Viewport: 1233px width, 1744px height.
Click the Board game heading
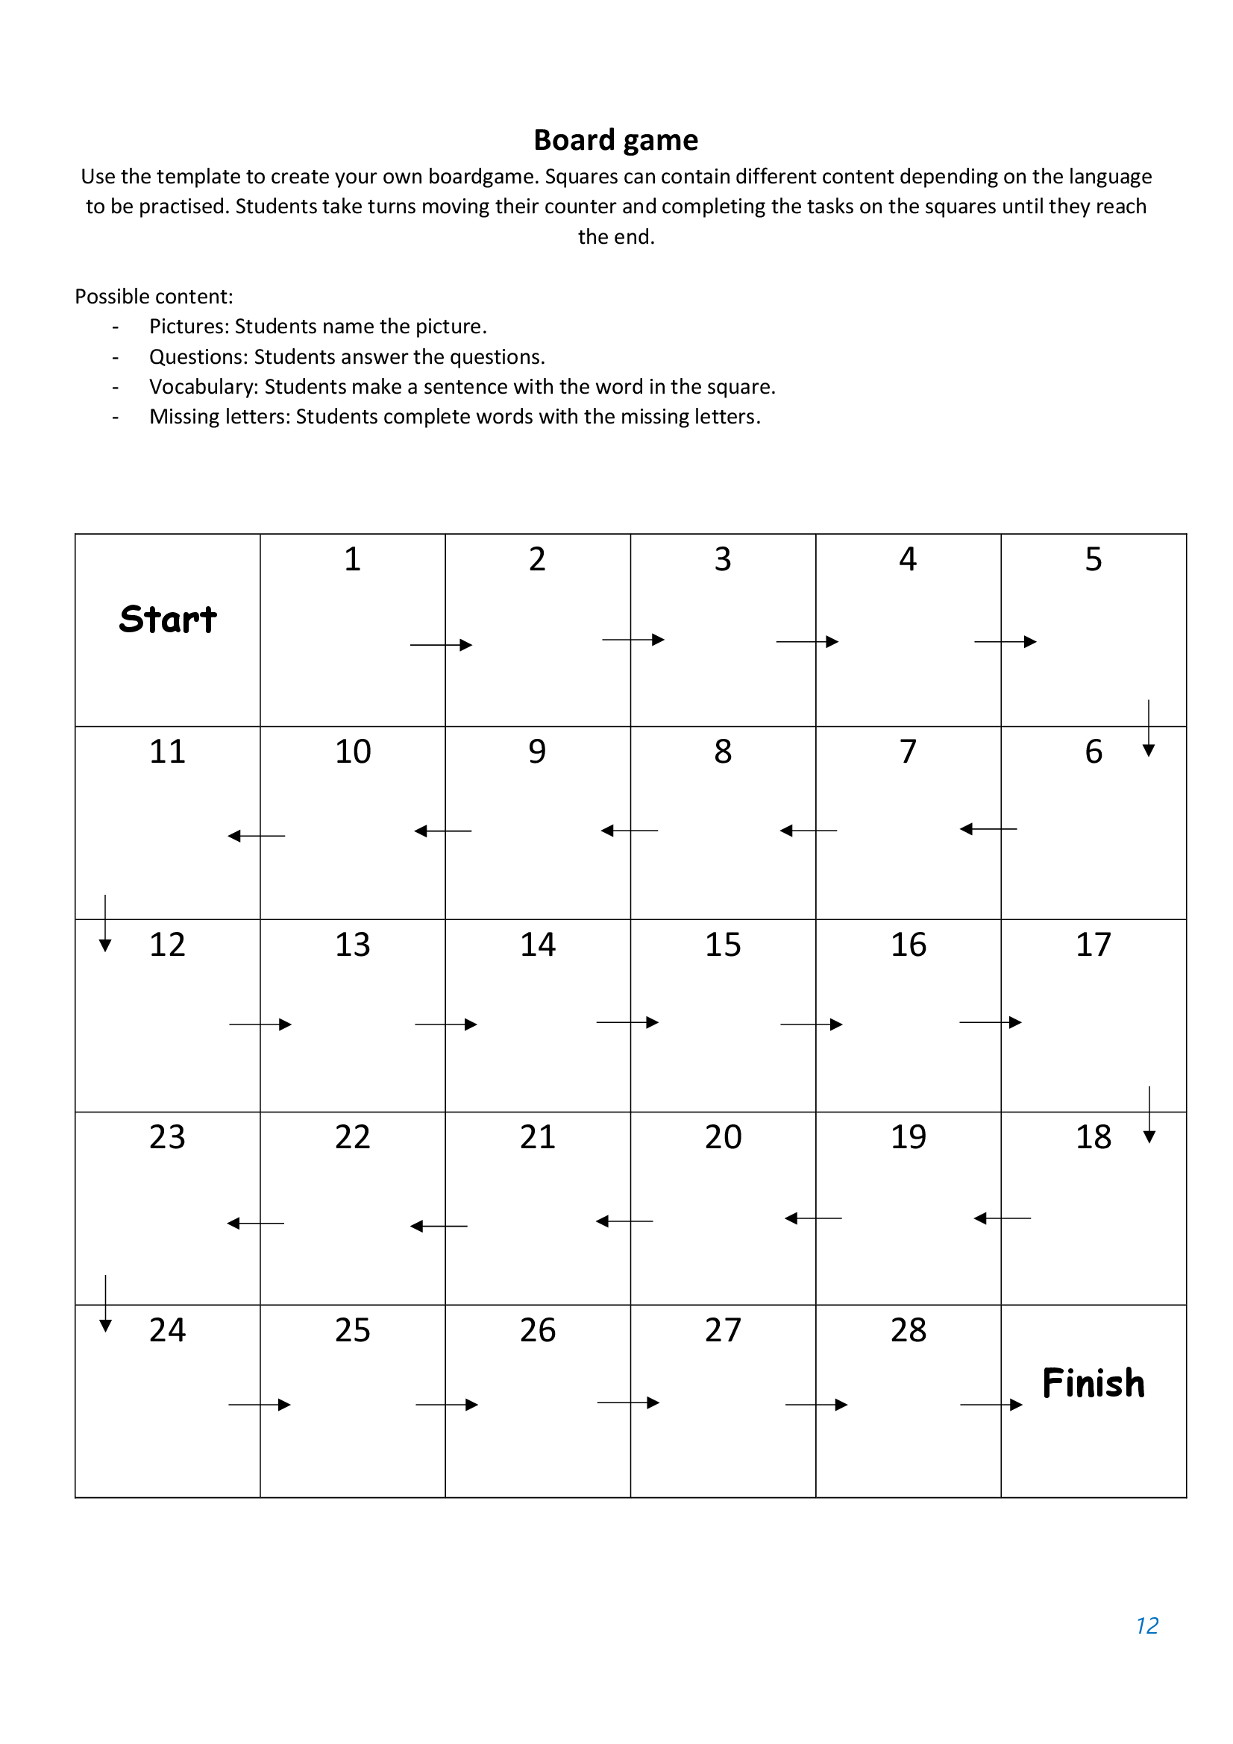pyautogui.click(x=615, y=140)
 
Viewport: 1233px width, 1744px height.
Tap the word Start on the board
pyautogui.click(x=168, y=619)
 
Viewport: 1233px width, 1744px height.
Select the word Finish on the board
pyautogui.click(x=1093, y=1382)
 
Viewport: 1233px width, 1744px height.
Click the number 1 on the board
pyautogui.click(x=352, y=559)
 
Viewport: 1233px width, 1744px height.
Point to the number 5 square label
pyautogui.click(x=1093, y=559)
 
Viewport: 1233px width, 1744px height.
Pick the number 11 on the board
pyautogui.click(x=167, y=752)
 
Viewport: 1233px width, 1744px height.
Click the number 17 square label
pyautogui.click(x=1093, y=944)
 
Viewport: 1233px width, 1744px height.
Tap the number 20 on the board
pyautogui.click(x=723, y=1136)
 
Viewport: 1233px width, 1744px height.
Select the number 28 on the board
pyautogui.click(x=908, y=1329)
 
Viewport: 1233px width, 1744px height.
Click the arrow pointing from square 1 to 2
pyautogui.click(x=441, y=645)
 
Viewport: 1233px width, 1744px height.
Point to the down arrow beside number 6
pyautogui.click(x=1148, y=728)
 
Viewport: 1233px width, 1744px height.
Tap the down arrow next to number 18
pyautogui.click(x=1149, y=1114)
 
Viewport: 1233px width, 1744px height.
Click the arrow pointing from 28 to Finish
pyautogui.click(x=991, y=1405)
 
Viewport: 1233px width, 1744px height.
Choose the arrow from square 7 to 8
pyautogui.click(x=809, y=830)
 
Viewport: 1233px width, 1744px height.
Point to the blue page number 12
pyautogui.click(x=1146, y=1625)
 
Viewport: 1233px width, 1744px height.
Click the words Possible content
pyautogui.click(x=154, y=296)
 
